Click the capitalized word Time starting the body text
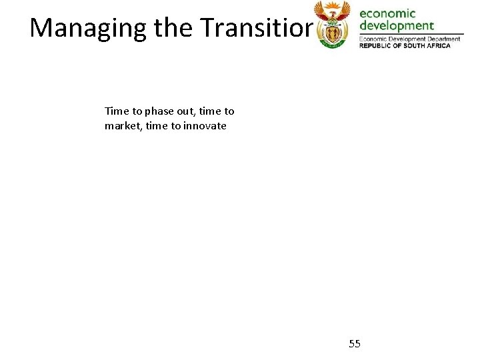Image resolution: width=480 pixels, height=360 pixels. [x=117, y=111]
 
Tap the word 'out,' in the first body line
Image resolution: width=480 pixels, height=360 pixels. [x=189, y=111]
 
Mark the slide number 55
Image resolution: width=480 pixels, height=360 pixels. [x=355, y=344]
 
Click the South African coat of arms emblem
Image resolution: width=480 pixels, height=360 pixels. [x=331, y=25]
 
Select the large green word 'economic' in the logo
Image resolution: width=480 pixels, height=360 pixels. [x=387, y=13]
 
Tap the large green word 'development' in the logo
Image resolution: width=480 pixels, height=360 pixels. [x=397, y=26]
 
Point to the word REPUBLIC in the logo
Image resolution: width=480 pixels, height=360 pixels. [x=376, y=45]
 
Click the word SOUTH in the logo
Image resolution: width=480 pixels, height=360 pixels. [x=414, y=45]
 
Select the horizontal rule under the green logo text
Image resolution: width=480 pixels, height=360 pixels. [x=411, y=33]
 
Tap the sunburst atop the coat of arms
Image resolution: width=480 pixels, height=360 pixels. [x=331, y=6]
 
